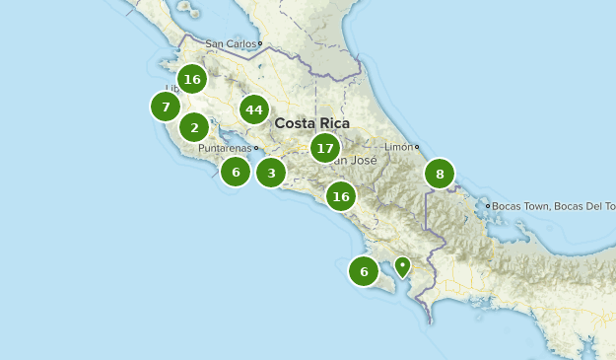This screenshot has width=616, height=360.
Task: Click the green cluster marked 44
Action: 254,109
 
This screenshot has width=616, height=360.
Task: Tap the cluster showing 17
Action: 325,148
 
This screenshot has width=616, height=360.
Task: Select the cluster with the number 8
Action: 440,175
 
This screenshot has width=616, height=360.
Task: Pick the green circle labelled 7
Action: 166,107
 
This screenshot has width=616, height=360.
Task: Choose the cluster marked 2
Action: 194,127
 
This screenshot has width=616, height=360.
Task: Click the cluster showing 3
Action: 271,174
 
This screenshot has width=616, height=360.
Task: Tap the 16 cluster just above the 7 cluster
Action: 192,79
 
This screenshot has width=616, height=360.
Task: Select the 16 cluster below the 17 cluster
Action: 341,196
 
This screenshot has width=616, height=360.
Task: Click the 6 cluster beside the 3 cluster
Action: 236,172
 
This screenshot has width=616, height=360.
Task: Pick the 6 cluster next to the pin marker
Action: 364,271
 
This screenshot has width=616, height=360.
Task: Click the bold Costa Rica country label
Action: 312,123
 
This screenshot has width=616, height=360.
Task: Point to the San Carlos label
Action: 230,43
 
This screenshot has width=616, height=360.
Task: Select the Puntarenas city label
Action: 225,149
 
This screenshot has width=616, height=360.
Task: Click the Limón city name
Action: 397,147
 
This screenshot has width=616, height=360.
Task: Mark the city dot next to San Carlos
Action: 260,43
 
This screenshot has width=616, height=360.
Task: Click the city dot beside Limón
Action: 417,147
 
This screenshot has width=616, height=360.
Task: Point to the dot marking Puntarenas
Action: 256,149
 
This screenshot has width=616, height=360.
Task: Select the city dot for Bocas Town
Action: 489,206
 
